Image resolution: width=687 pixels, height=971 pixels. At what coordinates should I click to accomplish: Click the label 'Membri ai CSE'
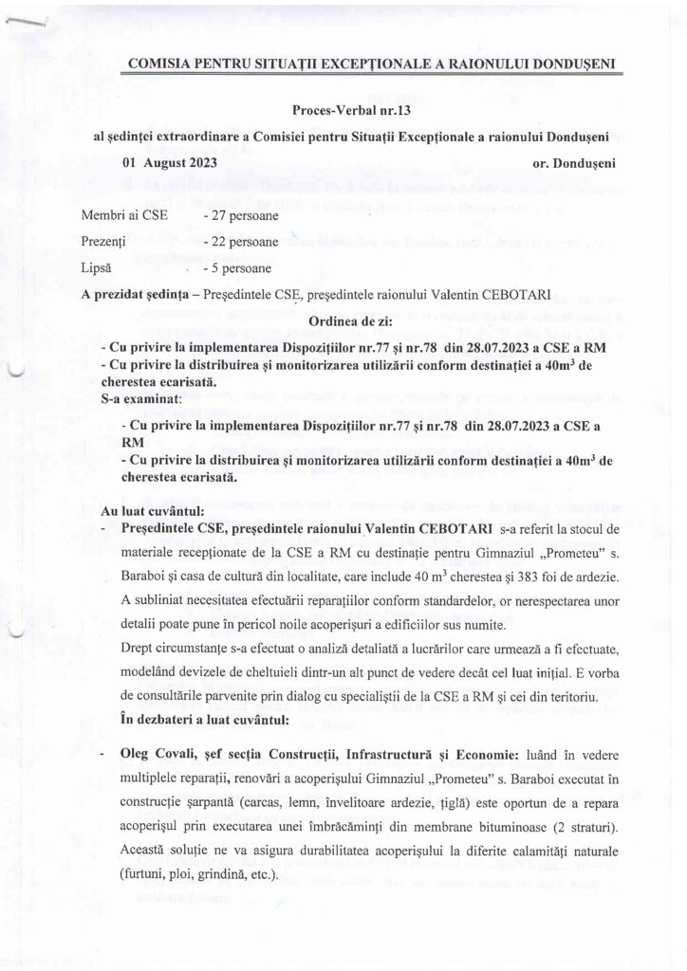pyautogui.click(x=123, y=216)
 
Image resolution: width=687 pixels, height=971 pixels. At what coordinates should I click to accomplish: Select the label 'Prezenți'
pyautogui.click(x=106, y=242)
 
